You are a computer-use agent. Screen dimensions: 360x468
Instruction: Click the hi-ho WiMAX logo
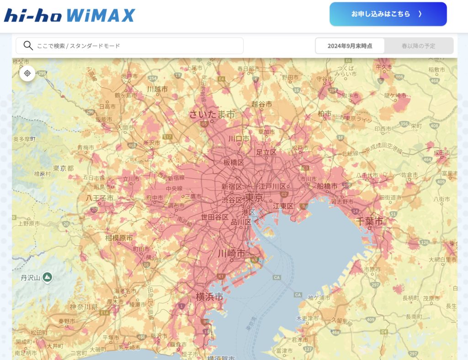tap(69, 15)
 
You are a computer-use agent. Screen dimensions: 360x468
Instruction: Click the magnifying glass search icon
tap(28, 46)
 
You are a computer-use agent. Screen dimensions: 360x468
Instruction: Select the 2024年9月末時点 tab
tap(350, 46)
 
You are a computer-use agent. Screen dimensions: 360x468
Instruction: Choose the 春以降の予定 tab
tap(418, 46)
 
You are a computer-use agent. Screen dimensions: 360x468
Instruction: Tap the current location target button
tap(27, 73)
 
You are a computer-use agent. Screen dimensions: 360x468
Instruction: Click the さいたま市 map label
tap(212, 114)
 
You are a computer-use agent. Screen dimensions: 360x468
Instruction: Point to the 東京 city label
tap(254, 197)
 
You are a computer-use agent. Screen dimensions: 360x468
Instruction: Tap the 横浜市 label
tap(209, 296)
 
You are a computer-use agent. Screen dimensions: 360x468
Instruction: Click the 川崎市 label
tap(231, 253)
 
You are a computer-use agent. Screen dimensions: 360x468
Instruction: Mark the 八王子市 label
tap(100, 198)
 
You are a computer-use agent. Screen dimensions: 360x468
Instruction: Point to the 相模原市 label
tap(119, 238)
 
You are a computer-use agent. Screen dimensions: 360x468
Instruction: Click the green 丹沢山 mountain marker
tap(48, 277)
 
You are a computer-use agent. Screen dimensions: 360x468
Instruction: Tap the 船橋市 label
tap(327, 186)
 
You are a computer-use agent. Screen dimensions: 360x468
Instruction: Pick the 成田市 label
tap(442, 152)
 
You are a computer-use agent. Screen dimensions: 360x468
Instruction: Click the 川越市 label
tap(157, 90)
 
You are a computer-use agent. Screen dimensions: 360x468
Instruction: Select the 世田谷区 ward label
tap(215, 217)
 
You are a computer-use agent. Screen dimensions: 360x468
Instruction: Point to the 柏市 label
tap(324, 113)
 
